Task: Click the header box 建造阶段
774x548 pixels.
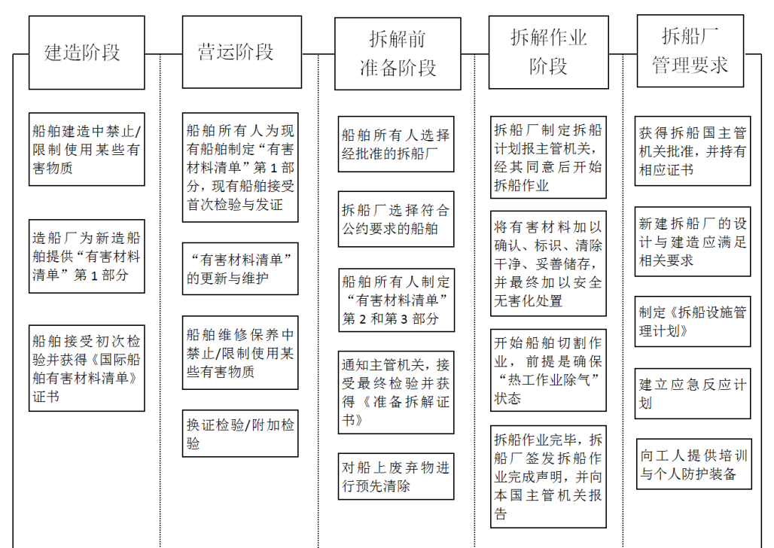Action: click(x=87, y=53)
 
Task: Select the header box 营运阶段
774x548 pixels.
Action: click(x=242, y=52)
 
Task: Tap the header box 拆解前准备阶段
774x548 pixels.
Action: click(x=398, y=53)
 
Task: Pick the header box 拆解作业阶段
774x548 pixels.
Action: click(x=548, y=52)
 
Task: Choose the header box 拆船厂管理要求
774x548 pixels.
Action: click(x=690, y=51)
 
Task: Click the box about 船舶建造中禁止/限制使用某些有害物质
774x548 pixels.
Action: click(x=87, y=149)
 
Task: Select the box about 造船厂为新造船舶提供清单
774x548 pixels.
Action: click(x=87, y=256)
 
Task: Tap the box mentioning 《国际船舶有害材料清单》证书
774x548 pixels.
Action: click(x=87, y=368)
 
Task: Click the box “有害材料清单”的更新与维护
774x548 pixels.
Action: click(x=240, y=269)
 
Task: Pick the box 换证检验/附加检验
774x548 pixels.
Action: click(x=240, y=434)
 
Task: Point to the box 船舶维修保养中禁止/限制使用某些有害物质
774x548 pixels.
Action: click(x=240, y=352)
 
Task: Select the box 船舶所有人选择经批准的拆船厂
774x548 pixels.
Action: click(x=396, y=145)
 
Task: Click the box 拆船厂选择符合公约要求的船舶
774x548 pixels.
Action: click(x=396, y=219)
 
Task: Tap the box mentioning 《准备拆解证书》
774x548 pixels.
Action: click(x=396, y=392)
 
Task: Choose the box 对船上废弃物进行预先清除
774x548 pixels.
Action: click(x=396, y=476)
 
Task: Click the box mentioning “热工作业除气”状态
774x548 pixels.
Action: click(x=548, y=370)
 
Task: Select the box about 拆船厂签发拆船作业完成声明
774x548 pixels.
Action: click(x=548, y=477)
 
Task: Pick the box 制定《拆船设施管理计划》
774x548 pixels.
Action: click(x=693, y=321)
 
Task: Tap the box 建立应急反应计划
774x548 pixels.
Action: click(x=693, y=394)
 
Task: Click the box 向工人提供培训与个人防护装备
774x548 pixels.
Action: click(x=694, y=464)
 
